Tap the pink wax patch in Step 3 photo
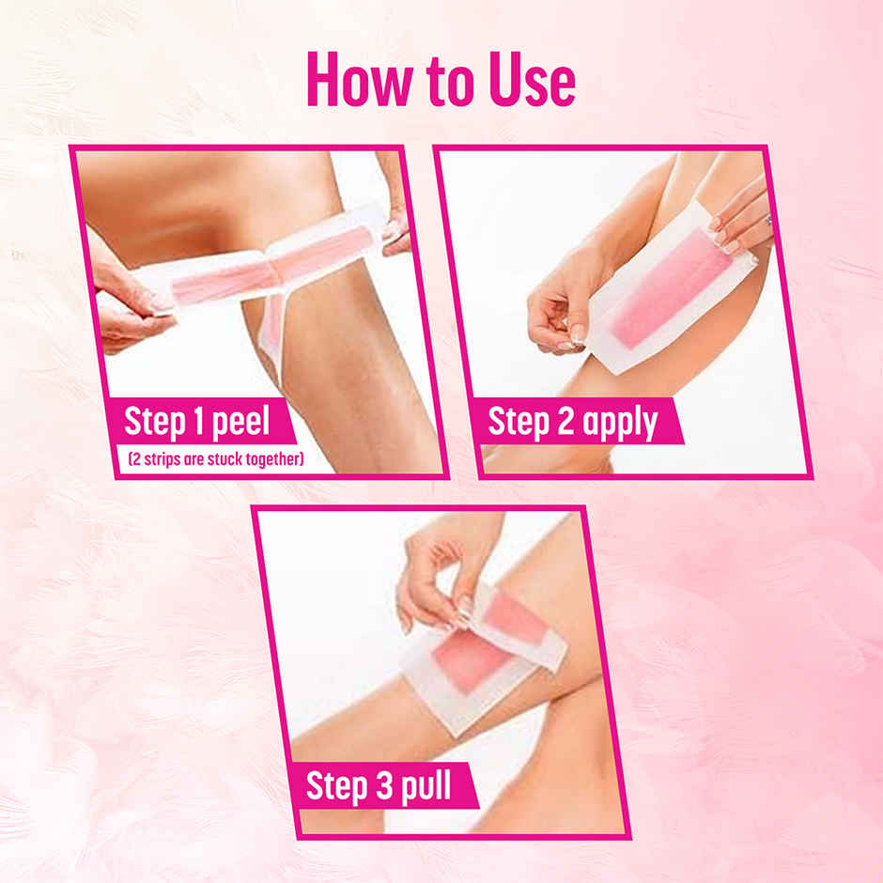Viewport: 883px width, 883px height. click(x=470, y=658)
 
